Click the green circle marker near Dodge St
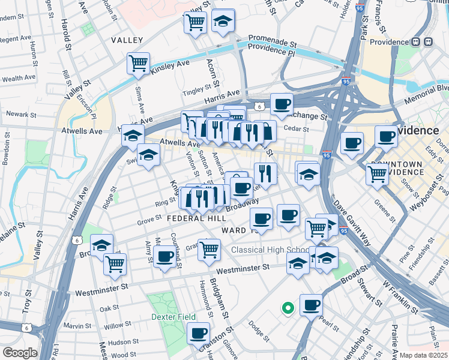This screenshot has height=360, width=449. [288, 308]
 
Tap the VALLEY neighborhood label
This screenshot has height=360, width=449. [127, 40]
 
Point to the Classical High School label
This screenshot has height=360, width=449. [270, 250]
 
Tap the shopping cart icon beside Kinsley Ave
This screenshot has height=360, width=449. [138, 63]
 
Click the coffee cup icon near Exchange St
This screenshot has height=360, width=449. [281, 104]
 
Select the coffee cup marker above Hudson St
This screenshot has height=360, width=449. [198, 332]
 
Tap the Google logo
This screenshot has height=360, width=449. [19, 353]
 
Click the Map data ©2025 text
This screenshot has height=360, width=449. [424, 355]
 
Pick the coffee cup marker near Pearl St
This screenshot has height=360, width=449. [311, 305]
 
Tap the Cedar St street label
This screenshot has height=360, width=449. [296, 128]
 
